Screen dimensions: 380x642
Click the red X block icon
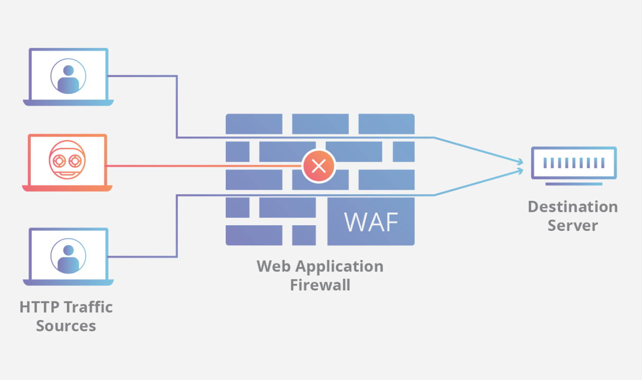pos(319,166)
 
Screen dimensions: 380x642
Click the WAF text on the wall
pos(371,222)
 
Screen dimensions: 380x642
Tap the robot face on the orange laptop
pos(67,160)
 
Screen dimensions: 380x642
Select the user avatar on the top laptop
pos(68,76)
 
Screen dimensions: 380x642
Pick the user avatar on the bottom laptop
pos(68,256)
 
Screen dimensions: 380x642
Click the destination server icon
pos(574,163)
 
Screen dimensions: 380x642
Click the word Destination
pos(572,207)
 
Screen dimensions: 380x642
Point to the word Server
pos(572,226)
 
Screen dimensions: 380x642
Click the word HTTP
pos(39,307)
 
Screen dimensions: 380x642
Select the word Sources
pos(66,326)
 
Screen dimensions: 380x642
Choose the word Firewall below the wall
pos(320,285)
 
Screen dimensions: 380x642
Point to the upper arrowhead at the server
pos(520,162)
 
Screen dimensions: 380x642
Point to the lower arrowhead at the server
pos(520,171)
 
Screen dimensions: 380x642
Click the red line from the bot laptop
pos(204,166)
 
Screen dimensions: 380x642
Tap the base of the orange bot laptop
pos(67,188)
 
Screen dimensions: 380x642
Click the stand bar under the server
pos(574,184)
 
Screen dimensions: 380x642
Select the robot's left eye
pos(59,161)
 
